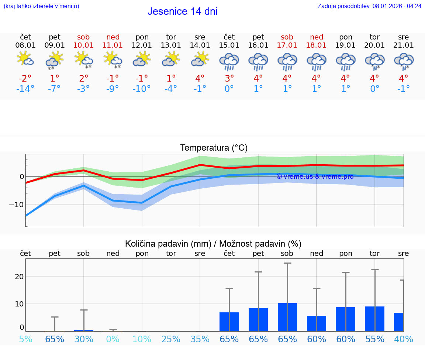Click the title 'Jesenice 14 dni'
(x=182, y=11)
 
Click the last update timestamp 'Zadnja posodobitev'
(x=369, y=6)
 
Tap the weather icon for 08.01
(x=25, y=59)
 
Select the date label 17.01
(x=287, y=45)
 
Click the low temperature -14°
(x=25, y=89)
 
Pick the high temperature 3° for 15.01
(x=229, y=79)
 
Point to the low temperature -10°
(x=142, y=89)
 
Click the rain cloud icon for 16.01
(x=258, y=61)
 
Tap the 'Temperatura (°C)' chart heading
(x=214, y=148)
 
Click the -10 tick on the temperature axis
(x=17, y=205)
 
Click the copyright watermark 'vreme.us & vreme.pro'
(x=315, y=176)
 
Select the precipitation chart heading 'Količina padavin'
(x=213, y=244)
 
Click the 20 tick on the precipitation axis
(x=19, y=277)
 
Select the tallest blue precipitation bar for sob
(x=287, y=317)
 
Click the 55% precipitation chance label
(x=374, y=339)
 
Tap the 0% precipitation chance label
(x=113, y=339)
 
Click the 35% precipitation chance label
(x=200, y=339)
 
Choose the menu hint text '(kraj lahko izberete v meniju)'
(x=41, y=6)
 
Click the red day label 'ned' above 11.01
(x=113, y=37)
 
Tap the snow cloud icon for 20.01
(x=374, y=61)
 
